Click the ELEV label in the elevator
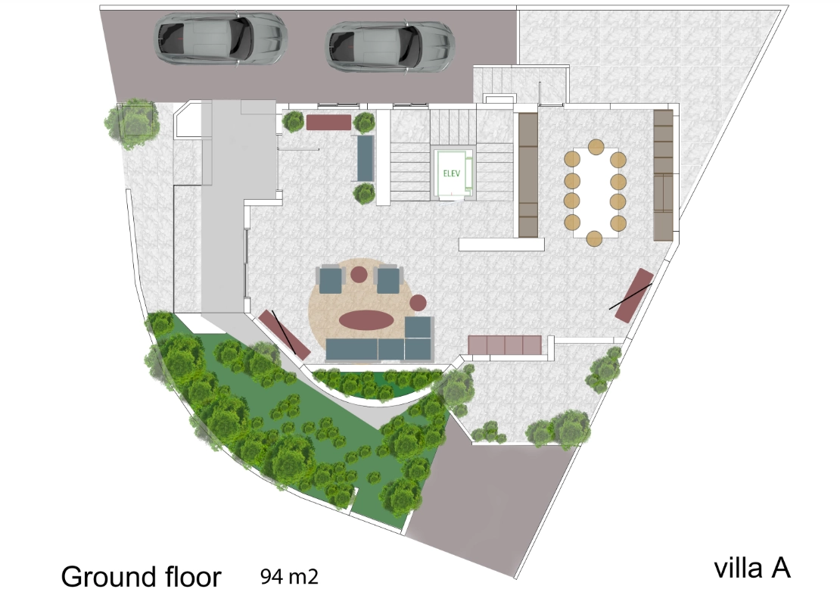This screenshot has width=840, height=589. [452, 173]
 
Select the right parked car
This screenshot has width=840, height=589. [390, 45]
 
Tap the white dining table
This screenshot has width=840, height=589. [595, 192]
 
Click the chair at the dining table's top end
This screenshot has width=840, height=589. [596, 147]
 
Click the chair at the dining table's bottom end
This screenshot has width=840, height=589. [594, 238]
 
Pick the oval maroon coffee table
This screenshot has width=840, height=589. [366, 320]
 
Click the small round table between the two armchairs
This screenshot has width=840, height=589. [359, 274]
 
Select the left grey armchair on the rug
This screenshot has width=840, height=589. [329, 279]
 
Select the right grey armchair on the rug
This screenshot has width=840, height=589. [388, 279]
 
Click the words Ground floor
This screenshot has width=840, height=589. [141, 577]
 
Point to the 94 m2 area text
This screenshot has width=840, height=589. [289, 576]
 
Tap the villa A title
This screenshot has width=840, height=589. [752, 568]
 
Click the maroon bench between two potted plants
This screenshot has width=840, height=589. [328, 122]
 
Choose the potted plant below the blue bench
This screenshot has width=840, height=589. [364, 193]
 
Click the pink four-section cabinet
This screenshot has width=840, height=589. [505, 345]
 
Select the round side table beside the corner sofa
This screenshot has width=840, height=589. [418, 303]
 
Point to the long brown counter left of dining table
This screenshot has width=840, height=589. [527, 175]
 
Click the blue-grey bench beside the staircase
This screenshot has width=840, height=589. [366, 159]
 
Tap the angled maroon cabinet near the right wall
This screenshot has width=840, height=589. [633, 295]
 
